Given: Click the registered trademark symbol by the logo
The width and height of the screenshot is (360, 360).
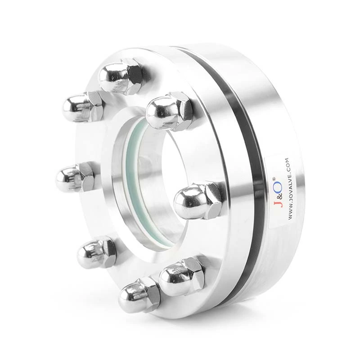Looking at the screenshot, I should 274,179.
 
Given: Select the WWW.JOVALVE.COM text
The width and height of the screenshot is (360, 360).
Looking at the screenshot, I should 290,189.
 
